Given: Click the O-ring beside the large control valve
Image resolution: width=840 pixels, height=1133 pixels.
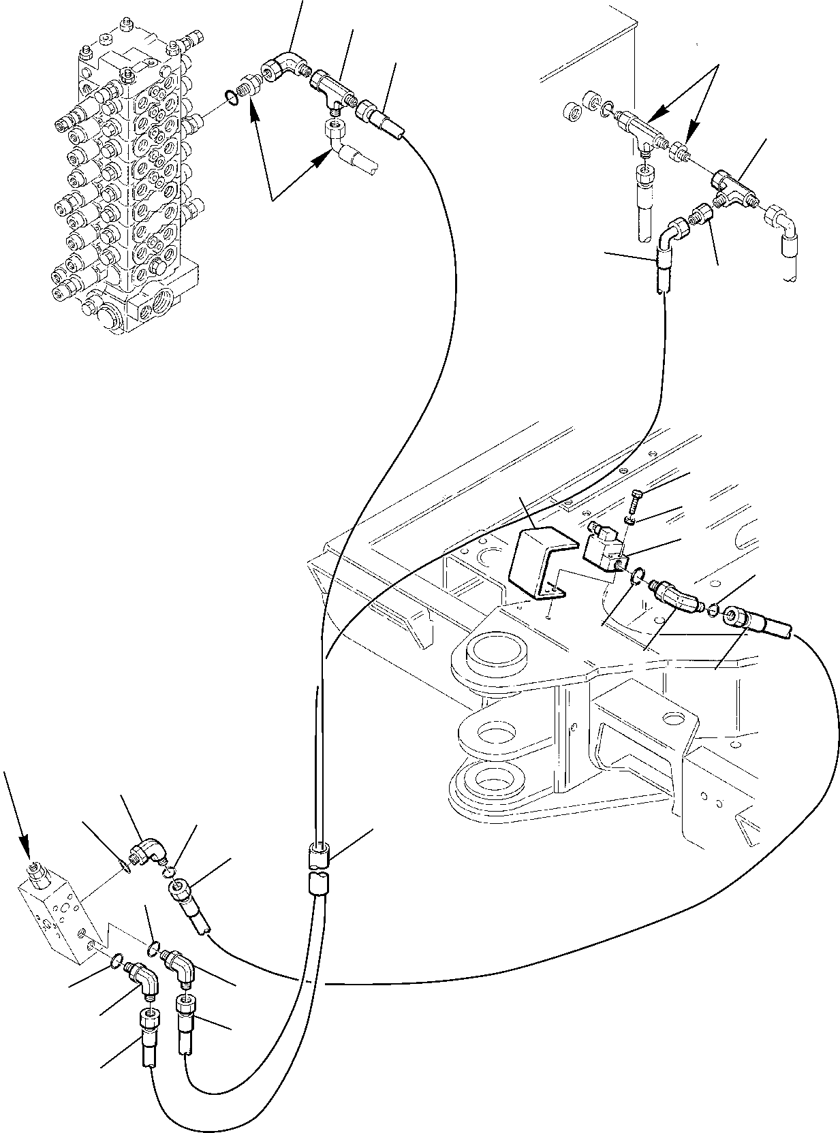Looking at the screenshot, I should pyautogui.click(x=232, y=99).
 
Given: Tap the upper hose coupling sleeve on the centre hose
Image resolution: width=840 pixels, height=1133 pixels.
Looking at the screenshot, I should pyautogui.click(x=320, y=855).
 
